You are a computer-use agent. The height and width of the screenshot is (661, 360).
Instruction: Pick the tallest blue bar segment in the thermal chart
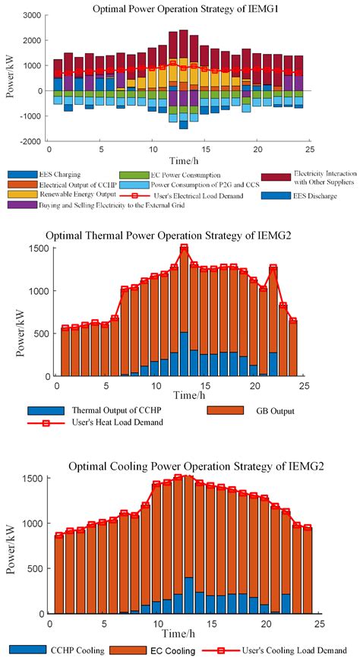pyautogui.click(x=184, y=354)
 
